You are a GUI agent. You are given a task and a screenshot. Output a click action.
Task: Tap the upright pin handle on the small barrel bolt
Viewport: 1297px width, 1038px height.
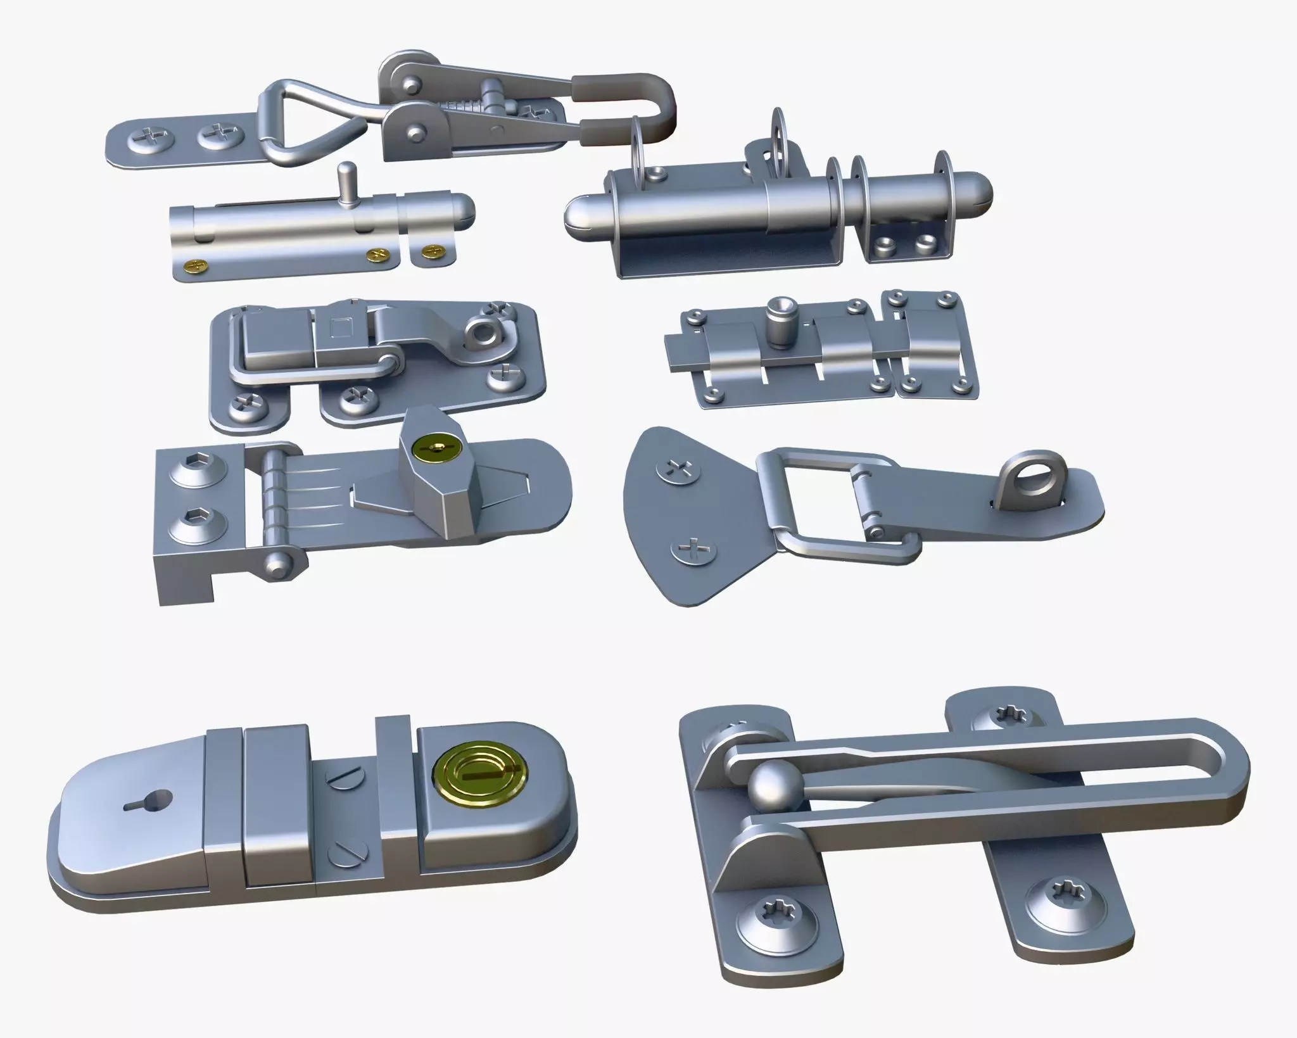click(345, 184)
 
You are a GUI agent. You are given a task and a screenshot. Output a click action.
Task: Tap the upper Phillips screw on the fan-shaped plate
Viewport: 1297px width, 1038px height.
click(681, 471)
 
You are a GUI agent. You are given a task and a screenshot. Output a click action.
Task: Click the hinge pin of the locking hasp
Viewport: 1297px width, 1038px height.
click(274, 507)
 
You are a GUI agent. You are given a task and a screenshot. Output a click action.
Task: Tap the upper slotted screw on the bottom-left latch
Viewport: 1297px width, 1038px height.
click(342, 776)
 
